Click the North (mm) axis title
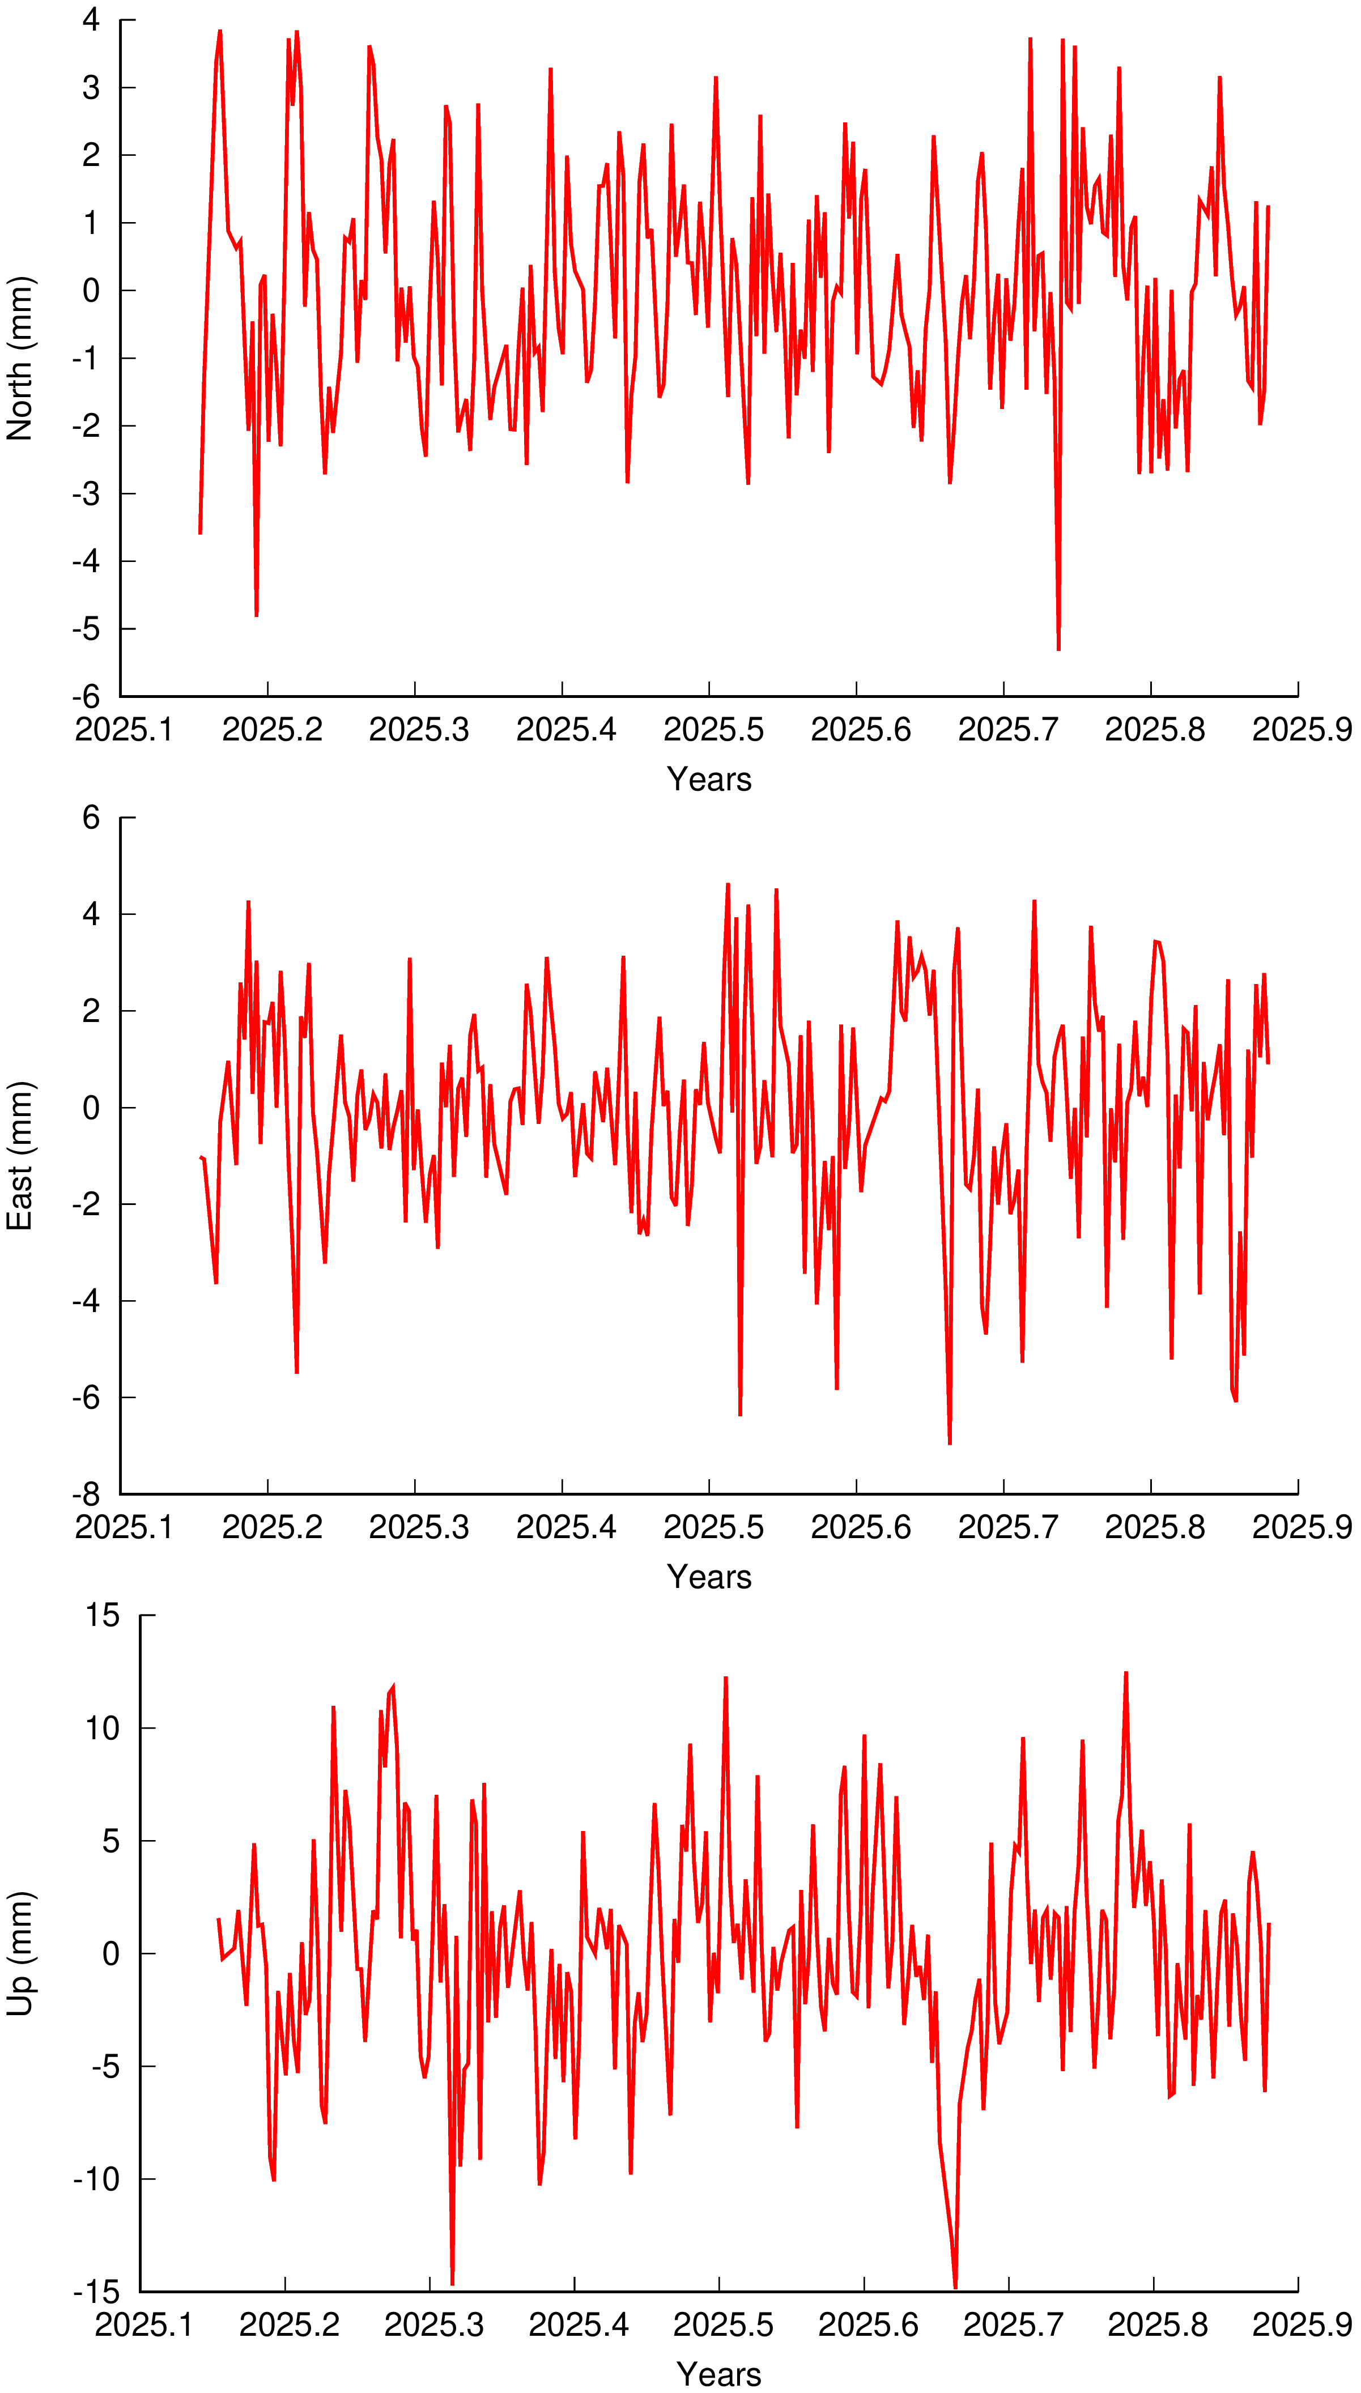pyautogui.click(x=20, y=358)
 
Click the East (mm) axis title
pyautogui.click(x=20, y=1156)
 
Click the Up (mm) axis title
pyautogui.click(x=20, y=1954)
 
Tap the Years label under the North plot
pyautogui.click(x=708, y=780)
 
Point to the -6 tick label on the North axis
pyautogui.click(x=86, y=696)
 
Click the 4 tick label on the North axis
pyautogui.click(x=91, y=20)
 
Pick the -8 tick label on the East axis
pyautogui.click(x=86, y=1494)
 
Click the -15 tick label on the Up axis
pyautogui.click(x=97, y=2292)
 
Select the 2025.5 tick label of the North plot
pyautogui.click(x=713, y=730)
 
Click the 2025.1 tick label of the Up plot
pyautogui.click(x=144, y=2326)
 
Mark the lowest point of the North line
pyautogui.click(x=1058, y=649)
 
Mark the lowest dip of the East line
pyautogui.click(x=950, y=1444)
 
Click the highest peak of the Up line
pyautogui.click(x=1125, y=1674)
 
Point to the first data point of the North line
pyautogui.click(x=200, y=534)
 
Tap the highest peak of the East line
pyautogui.click(x=727, y=884)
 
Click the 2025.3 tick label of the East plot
pyautogui.click(x=419, y=1528)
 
